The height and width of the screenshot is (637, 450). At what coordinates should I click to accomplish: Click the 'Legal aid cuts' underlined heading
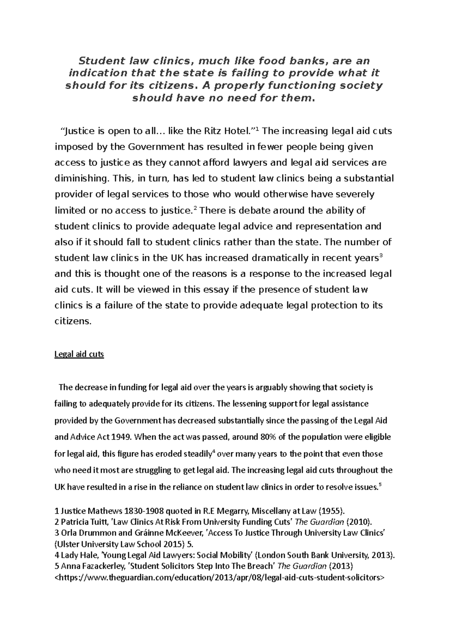[79, 354]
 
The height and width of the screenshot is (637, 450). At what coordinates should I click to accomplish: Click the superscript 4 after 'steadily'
[213, 452]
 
